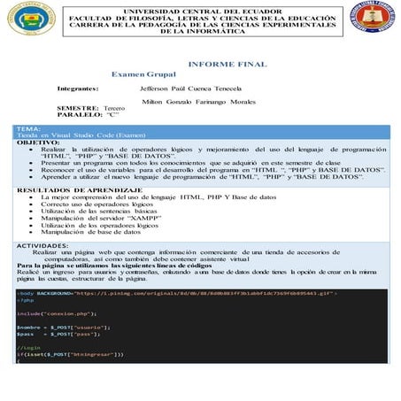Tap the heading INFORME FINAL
click(x=227, y=65)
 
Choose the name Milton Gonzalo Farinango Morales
click(x=204, y=102)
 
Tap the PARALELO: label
click(x=79, y=115)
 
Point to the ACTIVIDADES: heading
click(x=50, y=245)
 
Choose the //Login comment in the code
click(x=29, y=347)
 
